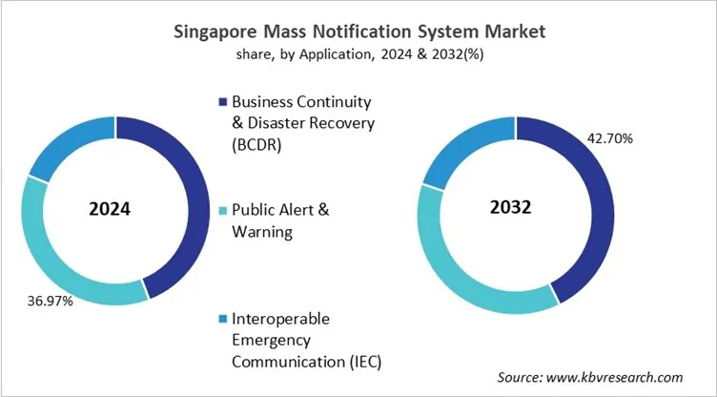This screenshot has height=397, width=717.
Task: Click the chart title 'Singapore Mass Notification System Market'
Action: (x=358, y=31)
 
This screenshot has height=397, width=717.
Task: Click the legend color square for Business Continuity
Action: (x=222, y=101)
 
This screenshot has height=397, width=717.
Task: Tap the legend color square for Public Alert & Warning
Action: (x=222, y=210)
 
